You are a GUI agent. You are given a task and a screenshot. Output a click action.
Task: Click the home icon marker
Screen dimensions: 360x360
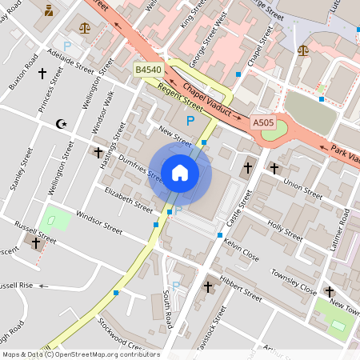(180, 173)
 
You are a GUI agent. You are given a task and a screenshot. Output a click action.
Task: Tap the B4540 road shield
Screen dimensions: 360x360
(149, 71)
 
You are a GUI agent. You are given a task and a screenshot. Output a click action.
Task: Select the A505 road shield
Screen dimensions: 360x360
(264, 122)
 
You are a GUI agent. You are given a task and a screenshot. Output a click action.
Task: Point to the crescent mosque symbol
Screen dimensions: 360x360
(58, 124)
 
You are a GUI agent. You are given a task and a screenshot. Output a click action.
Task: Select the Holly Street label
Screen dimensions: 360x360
(285, 230)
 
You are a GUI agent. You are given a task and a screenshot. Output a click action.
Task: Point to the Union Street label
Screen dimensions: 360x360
(302, 190)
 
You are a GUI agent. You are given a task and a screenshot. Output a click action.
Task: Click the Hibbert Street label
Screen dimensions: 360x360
(240, 290)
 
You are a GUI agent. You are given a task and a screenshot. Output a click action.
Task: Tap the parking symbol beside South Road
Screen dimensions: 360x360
(175, 286)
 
